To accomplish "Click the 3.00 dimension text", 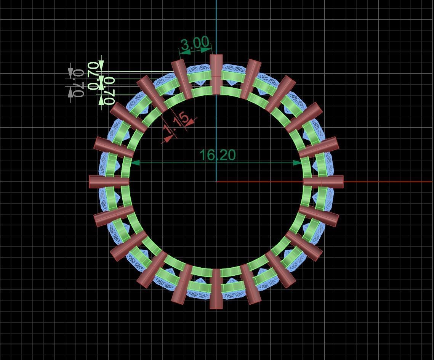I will [x=195, y=44].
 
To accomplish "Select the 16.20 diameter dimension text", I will [x=217, y=155].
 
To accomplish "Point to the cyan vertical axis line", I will [x=216, y=23].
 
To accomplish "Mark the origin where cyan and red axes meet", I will [x=216, y=182].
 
